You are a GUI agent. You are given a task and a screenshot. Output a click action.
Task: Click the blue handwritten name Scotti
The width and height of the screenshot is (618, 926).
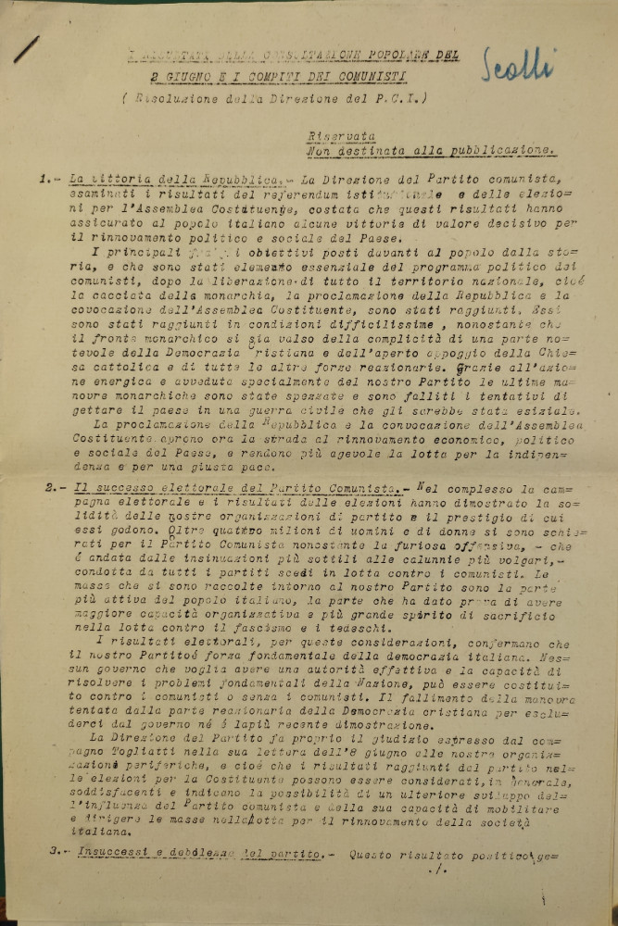coord(519,65)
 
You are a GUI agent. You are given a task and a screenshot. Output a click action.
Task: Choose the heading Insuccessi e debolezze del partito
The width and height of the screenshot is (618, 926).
coord(195,853)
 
